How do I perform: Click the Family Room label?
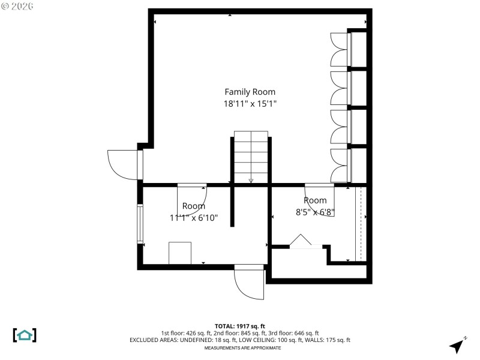click(250, 92)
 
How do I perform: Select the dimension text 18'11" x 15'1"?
click(250, 104)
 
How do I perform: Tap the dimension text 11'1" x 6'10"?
click(193, 218)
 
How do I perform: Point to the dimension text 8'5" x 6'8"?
click(315, 212)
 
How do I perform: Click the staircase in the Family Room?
click(251, 156)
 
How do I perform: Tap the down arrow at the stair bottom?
click(251, 180)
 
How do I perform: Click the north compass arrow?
click(458, 345)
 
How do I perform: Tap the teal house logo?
click(25, 335)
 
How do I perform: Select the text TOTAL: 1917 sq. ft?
click(240, 326)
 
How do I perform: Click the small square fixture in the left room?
click(180, 253)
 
